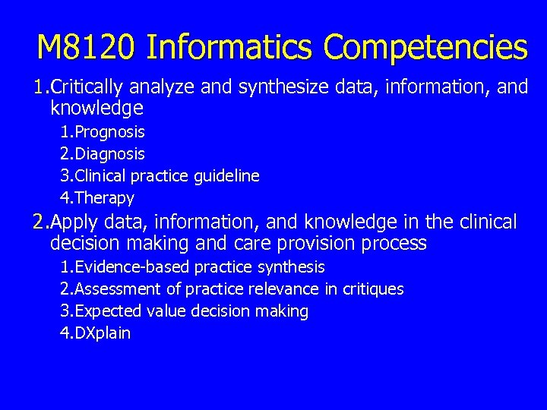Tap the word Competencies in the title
click(x=425, y=48)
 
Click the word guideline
click(x=226, y=176)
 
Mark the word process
click(x=396, y=244)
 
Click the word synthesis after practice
click(x=291, y=267)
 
